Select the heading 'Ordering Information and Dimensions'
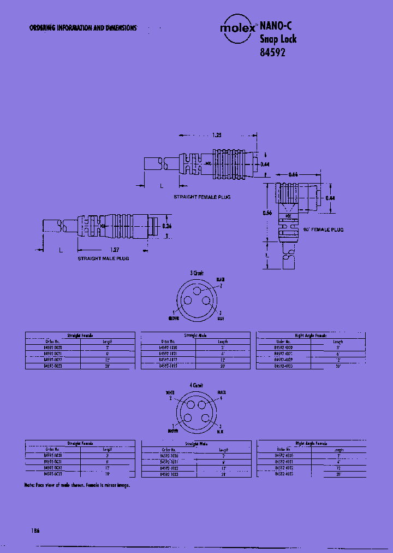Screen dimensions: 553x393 (x=83, y=28)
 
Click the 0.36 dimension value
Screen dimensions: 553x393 (x=167, y=226)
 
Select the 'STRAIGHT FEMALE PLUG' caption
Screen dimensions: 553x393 (x=202, y=196)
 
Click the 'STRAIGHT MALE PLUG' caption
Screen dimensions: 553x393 (x=103, y=258)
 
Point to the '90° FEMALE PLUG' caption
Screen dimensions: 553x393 (x=324, y=230)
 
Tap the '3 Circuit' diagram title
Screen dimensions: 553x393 (x=197, y=273)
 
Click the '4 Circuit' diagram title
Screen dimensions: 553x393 (x=196, y=385)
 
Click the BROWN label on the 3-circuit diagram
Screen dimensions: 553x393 (x=174, y=317)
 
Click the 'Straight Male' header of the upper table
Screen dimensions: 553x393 (x=195, y=335)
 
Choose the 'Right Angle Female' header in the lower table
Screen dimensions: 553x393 (x=311, y=444)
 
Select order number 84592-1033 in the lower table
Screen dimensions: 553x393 (x=168, y=475)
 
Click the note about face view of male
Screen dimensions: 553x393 (x=77, y=485)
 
